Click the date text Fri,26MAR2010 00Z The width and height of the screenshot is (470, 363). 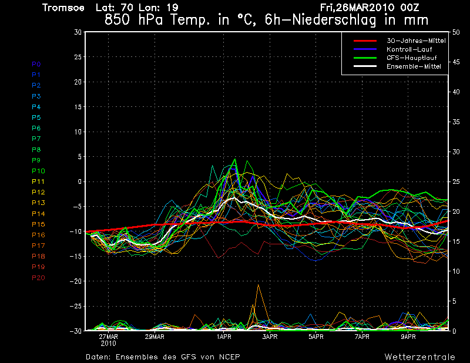tap(370, 8)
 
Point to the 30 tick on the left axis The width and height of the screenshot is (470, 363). tap(77, 32)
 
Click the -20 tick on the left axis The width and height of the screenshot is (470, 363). tap(75, 281)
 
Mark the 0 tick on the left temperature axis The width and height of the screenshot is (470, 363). tap(79, 181)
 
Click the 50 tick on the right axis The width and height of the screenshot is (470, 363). tap(456, 32)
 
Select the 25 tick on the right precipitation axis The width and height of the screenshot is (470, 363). tap(456, 181)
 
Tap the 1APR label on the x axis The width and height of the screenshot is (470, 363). tap(223, 337)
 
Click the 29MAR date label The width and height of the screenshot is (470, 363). tap(154, 337)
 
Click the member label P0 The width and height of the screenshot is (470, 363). tap(36, 64)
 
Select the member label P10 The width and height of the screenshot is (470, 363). tap(38, 171)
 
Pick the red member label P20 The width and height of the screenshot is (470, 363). tap(38, 278)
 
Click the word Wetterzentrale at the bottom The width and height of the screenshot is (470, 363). tap(419, 357)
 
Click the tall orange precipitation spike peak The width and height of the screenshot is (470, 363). tap(258, 285)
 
